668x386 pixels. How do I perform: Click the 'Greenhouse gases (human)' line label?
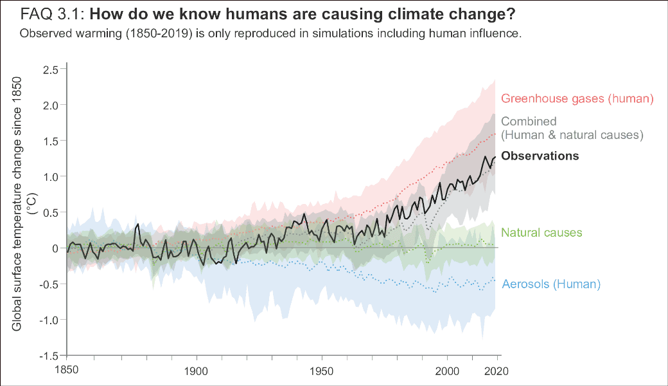click(577, 98)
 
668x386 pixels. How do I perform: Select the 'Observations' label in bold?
click(540, 156)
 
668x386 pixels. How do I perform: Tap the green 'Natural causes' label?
click(541, 232)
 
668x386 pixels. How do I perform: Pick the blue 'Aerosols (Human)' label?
click(551, 284)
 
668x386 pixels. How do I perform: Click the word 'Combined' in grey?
click(529, 122)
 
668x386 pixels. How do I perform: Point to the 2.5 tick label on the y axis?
click(51, 69)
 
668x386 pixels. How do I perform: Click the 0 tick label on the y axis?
click(55, 248)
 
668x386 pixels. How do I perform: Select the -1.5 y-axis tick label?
click(49, 356)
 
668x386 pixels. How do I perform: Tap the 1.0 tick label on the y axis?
click(51, 176)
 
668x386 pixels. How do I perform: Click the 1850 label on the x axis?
click(66, 369)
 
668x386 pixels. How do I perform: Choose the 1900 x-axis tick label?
click(196, 371)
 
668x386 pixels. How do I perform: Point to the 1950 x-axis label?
click(322, 371)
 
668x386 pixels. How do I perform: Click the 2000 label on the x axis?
click(447, 371)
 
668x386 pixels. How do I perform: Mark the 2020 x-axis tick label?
click(497, 371)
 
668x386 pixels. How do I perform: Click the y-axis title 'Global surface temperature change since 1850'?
click(17, 204)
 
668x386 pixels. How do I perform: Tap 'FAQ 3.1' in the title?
click(53, 14)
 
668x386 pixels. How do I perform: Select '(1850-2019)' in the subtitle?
click(159, 33)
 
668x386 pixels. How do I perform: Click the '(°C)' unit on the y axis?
click(32, 204)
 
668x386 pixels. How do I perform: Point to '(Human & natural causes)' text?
click(572, 135)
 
